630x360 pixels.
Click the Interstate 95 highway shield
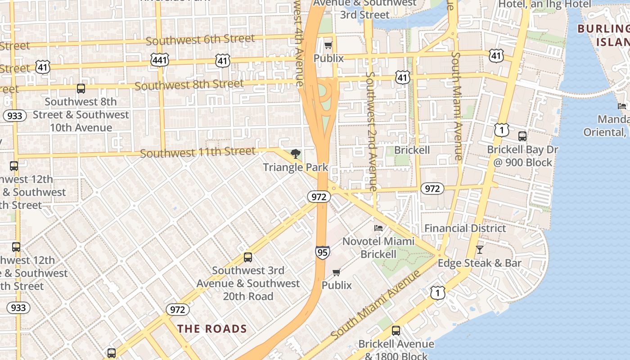pos(322,252)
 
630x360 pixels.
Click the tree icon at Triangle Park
pos(296,154)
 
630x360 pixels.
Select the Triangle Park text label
pos(296,167)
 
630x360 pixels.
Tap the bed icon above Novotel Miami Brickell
pos(378,228)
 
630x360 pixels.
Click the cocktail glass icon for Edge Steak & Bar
pos(480,249)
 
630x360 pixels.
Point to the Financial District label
pos(465,228)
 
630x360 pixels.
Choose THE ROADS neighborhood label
pos(212,328)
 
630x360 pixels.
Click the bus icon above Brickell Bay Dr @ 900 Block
pos(522,136)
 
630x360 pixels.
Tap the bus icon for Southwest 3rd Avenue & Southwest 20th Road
pos(248,257)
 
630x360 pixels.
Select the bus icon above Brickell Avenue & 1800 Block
pos(396,331)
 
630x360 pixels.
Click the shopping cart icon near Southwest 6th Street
pos(328,45)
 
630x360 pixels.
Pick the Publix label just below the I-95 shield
pos(337,285)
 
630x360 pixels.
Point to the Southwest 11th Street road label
pos(198,153)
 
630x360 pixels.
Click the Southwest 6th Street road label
pos(201,40)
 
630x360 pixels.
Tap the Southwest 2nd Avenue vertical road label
pos(371,130)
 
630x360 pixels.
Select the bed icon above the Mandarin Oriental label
pos(622,106)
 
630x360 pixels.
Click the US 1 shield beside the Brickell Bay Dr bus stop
pos(501,130)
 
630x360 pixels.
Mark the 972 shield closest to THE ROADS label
pos(178,310)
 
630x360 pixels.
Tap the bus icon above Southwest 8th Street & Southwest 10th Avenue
pos(81,89)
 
